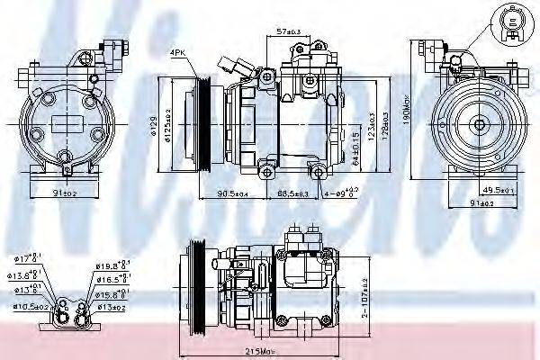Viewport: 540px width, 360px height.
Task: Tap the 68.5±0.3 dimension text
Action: [x=292, y=193]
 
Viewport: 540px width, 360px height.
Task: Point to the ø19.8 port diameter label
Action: [x=110, y=265]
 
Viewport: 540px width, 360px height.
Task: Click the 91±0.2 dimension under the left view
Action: [x=66, y=192]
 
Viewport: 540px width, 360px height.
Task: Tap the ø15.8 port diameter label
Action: [x=110, y=294]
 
